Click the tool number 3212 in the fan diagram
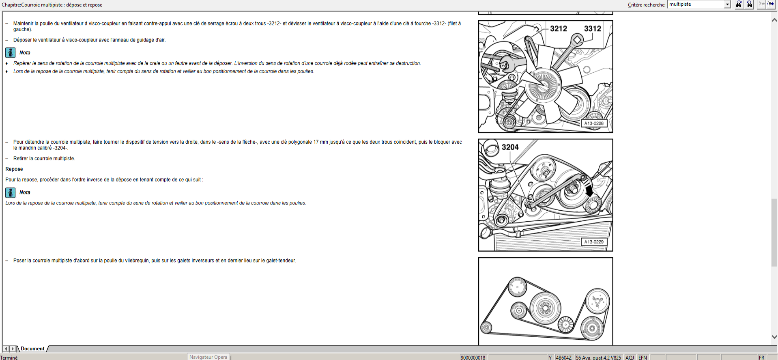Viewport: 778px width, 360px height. pyautogui.click(x=558, y=28)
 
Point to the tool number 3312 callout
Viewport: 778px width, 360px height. pyautogui.click(x=592, y=28)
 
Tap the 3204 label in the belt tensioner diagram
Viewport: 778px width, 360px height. pyautogui.click(x=510, y=147)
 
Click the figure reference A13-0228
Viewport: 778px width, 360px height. pyautogui.click(x=593, y=123)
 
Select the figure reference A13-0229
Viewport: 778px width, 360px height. pyautogui.click(x=593, y=242)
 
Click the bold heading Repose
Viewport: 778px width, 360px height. pyautogui.click(x=14, y=169)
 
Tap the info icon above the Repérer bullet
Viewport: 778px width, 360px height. pyautogui.click(x=11, y=53)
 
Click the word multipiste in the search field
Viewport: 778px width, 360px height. pyautogui.click(x=680, y=4)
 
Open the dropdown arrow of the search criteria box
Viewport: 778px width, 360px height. pyautogui.click(x=727, y=4)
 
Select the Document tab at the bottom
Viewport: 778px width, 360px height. pyautogui.click(x=32, y=349)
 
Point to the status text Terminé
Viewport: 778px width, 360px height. pyautogui.click(x=9, y=358)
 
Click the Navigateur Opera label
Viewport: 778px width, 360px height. pyautogui.click(x=208, y=357)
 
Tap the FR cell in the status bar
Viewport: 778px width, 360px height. pyautogui.click(x=761, y=358)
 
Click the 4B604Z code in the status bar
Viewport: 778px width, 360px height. pyautogui.click(x=563, y=358)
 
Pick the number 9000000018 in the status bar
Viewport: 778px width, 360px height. pyautogui.click(x=473, y=358)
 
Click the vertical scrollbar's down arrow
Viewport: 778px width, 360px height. pyautogui.click(x=774, y=337)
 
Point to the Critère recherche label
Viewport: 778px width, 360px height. pyautogui.click(x=647, y=5)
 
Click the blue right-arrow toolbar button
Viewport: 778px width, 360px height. pyautogui.click(x=770, y=4)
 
